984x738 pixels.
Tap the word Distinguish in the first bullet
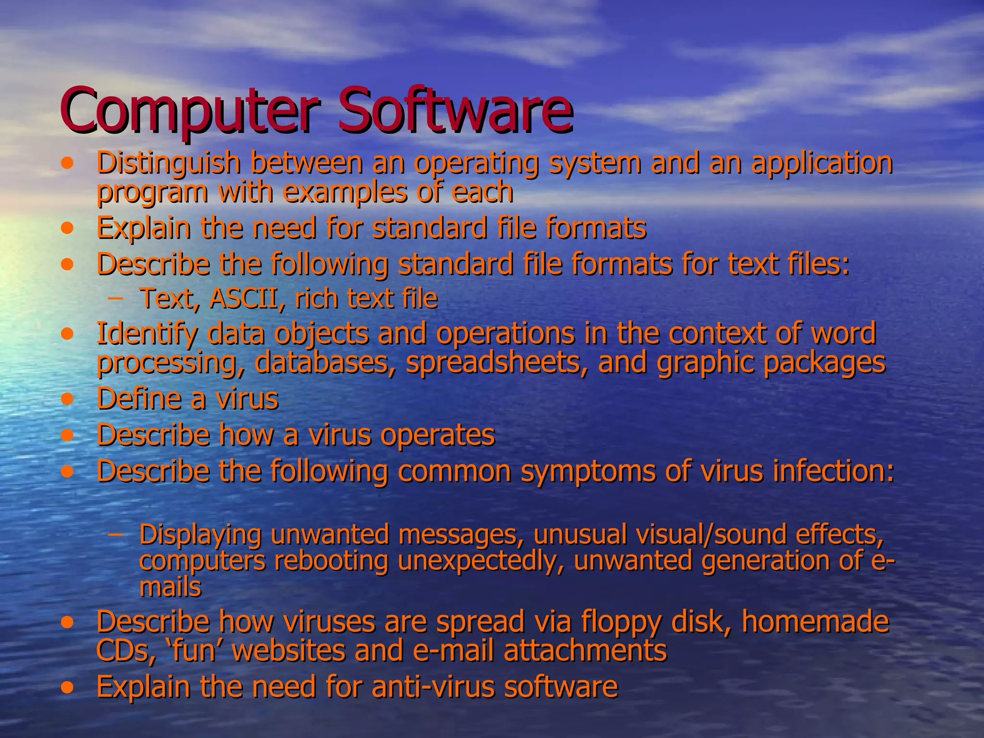(168, 163)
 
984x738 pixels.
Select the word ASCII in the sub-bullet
(243, 298)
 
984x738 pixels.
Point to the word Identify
(146, 333)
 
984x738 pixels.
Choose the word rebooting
(331, 561)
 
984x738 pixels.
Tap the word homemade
(815, 622)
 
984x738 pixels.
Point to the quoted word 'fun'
(195, 651)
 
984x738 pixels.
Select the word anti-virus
(432, 687)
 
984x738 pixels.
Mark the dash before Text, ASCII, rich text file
(115, 299)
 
